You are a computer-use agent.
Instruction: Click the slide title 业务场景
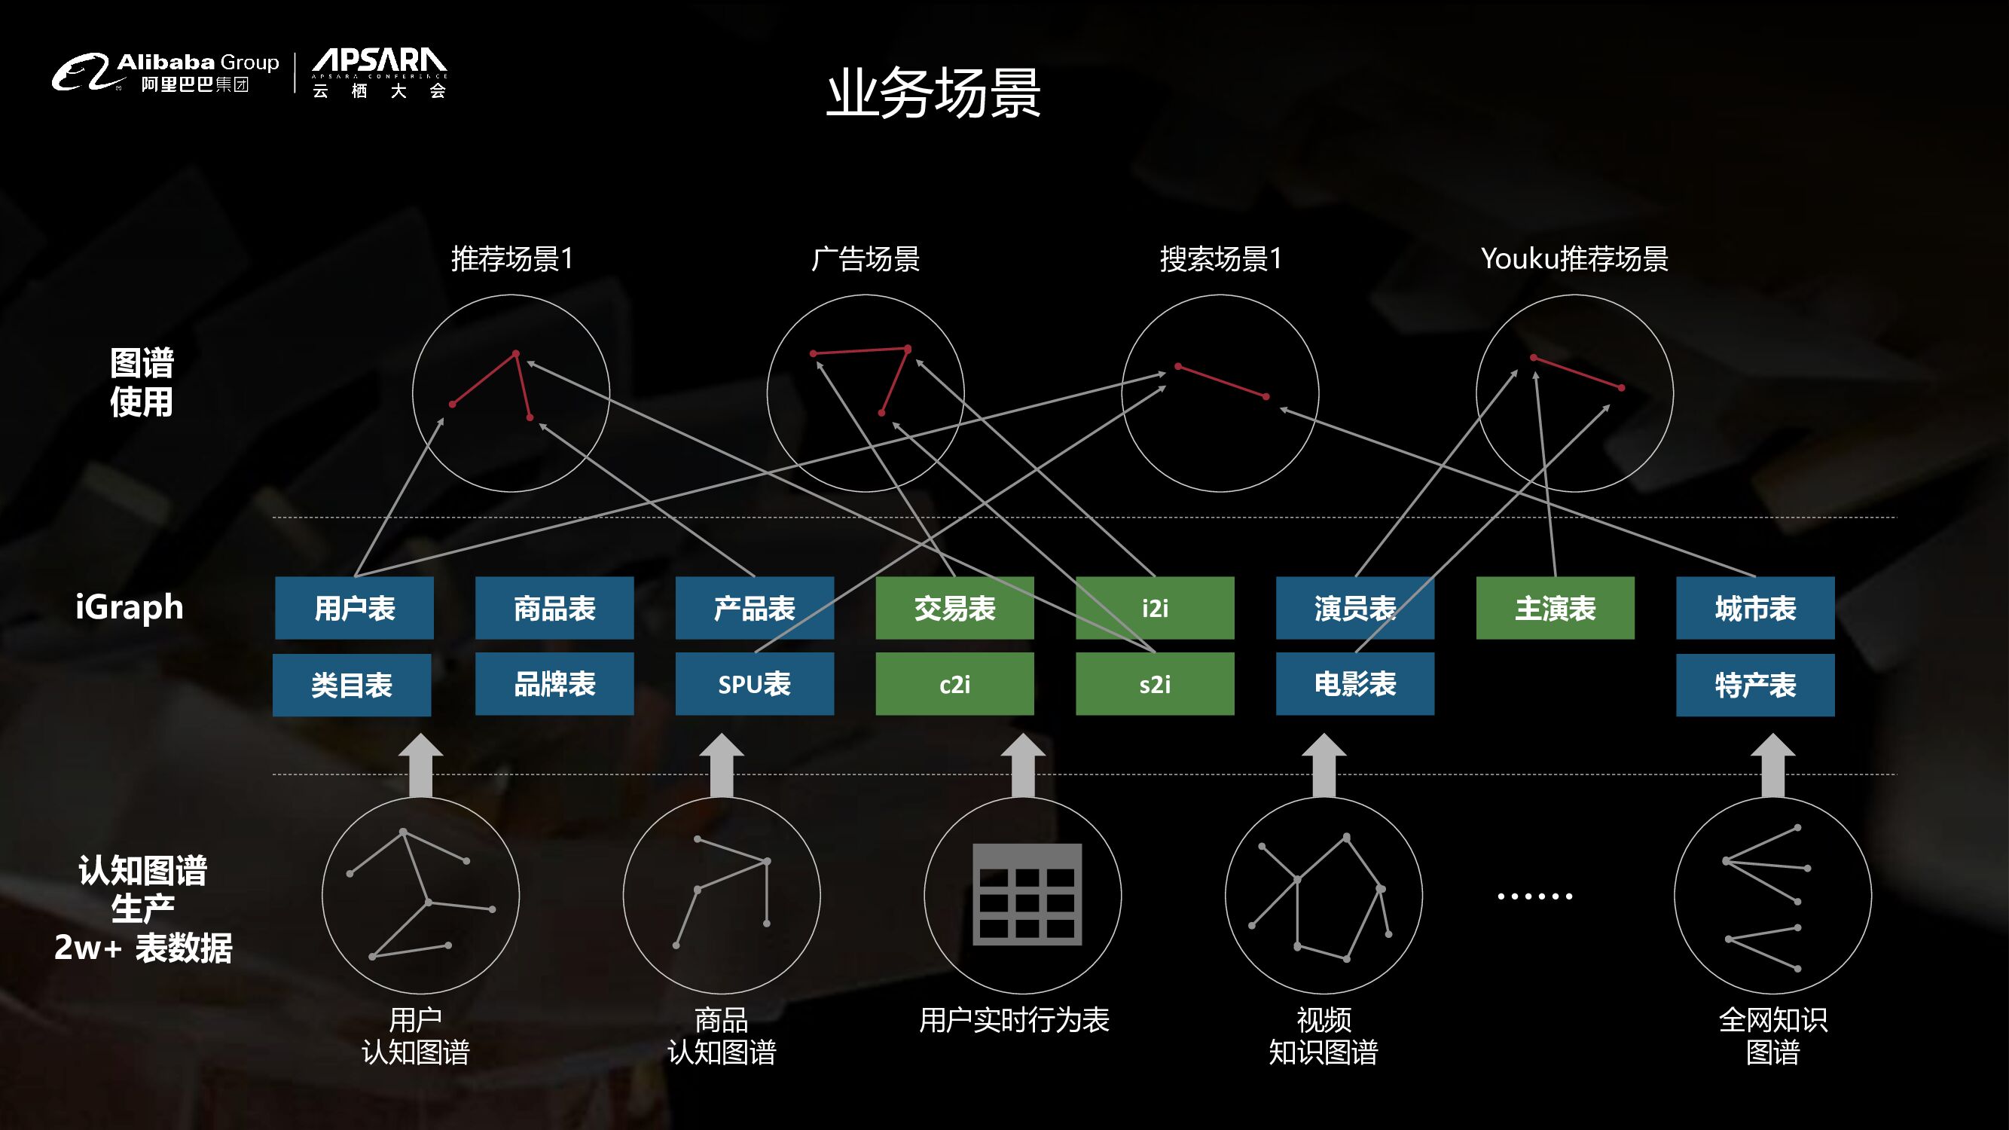[x=933, y=93]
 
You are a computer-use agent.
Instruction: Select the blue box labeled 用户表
[x=354, y=608]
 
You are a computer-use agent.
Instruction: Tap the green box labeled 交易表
[x=954, y=608]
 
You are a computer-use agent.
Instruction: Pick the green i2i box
[x=1154, y=608]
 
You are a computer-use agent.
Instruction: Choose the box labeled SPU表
[x=754, y=684]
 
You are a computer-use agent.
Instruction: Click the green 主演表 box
[x=1555, y=608]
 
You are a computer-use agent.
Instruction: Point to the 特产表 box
[x=1754, y=685]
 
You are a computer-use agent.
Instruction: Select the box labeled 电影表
[x=1354, y=684]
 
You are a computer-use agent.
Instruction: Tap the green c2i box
[x=954, y=684]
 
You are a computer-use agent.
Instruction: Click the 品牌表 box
[x=554, y=684]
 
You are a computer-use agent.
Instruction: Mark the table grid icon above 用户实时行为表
[x=1027, y=893]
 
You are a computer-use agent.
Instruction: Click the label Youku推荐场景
[x=1574, y=259]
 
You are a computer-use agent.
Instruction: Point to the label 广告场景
[x=865, y=259]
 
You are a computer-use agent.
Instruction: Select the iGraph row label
[x=130, y=606]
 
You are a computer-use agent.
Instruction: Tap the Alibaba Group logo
[x=165, y=72]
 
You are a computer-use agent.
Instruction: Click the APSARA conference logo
[x=379, y=72]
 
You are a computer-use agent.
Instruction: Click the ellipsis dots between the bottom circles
[x=1534, y=896]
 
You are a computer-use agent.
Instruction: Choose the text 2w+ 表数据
[x=143, y=948]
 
